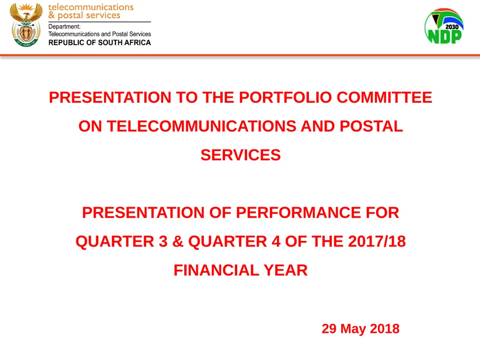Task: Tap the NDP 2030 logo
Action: click(444, 27)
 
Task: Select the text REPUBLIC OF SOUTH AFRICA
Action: click(100, 43)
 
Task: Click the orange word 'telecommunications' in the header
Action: click(91, 7)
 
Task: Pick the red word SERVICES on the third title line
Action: click(240, 155)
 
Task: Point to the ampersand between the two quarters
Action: click(177, 241)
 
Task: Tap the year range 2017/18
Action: click(377, 241)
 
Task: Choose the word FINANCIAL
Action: click(209, 270)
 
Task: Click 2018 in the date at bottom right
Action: click(384, 329)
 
